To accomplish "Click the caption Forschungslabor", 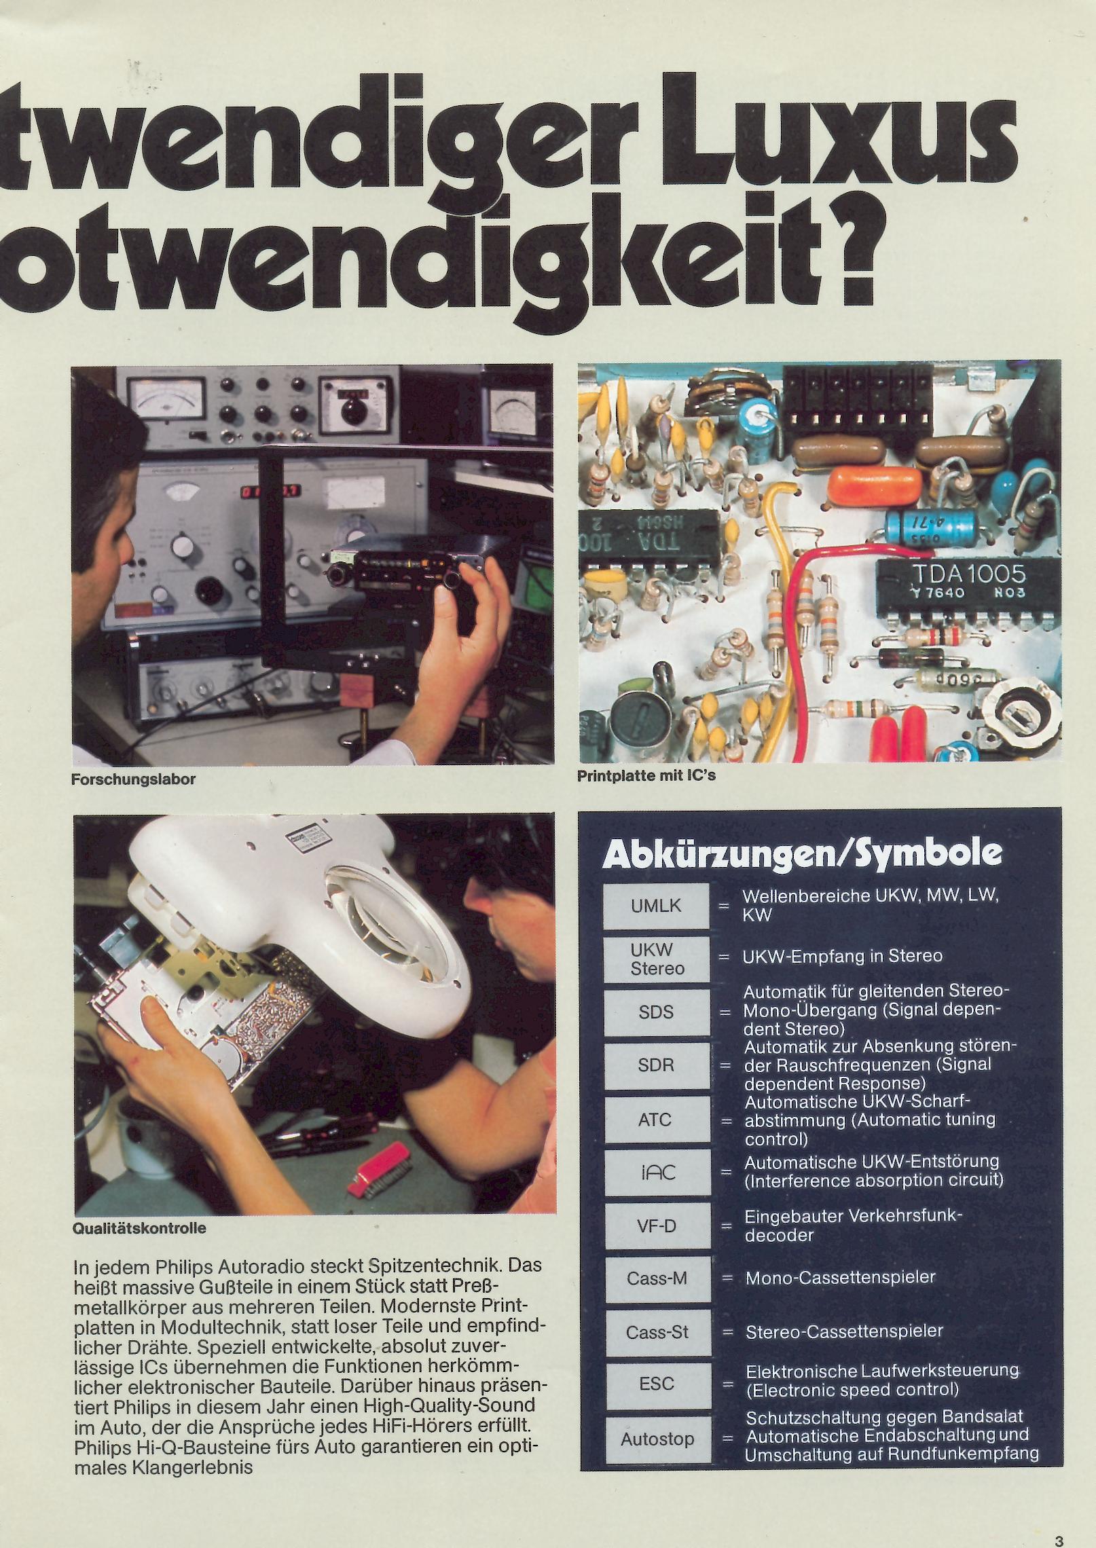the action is click(x=133, y=779).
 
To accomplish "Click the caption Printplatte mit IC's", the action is click(x=646, y=775).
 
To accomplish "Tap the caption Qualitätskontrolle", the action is click(x=139, y=1228).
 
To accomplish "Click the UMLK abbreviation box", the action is click(x=656, y=906).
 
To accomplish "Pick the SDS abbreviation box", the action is click(x=656, y=1012).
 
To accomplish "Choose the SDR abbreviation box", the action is click(x=656, y=1065).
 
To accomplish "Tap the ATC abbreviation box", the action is click(x=656, y=1119).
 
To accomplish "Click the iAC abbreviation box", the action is click(x=657, y=1173).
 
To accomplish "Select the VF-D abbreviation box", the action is click(x=657, y=1225).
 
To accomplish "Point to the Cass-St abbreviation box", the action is click(x=657, y=1332).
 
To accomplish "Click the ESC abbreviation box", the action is click(x=657, y=1385).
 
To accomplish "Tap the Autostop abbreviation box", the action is click(x=657, y=1439).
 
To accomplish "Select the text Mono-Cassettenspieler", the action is click(x=841, y=1277).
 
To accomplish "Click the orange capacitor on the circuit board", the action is click(x=876, y=483).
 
